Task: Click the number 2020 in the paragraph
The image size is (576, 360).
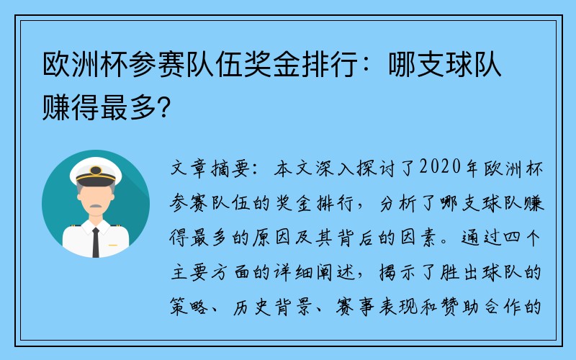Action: click(440, 167)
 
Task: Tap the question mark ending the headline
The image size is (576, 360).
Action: click(164, 107)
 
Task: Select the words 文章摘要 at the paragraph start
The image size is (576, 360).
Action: click(210, 168)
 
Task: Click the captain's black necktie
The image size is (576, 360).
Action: click(96, 243)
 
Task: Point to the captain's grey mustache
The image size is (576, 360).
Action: click(96, 206)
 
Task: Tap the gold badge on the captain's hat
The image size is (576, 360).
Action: click(96, 170)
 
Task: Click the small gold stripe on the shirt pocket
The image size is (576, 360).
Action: click(113, 245)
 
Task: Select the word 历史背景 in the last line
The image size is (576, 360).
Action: click(273, 307)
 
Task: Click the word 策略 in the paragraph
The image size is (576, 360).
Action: click(189, 307)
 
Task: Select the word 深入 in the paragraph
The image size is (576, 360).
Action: click(334, 168)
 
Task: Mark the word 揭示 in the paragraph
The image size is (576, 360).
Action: click(399, 272)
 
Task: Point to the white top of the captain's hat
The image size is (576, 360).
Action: click(96, 166)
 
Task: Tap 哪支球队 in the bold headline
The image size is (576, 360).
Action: click(445, 65)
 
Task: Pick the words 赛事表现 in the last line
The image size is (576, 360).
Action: click(376, 307)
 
